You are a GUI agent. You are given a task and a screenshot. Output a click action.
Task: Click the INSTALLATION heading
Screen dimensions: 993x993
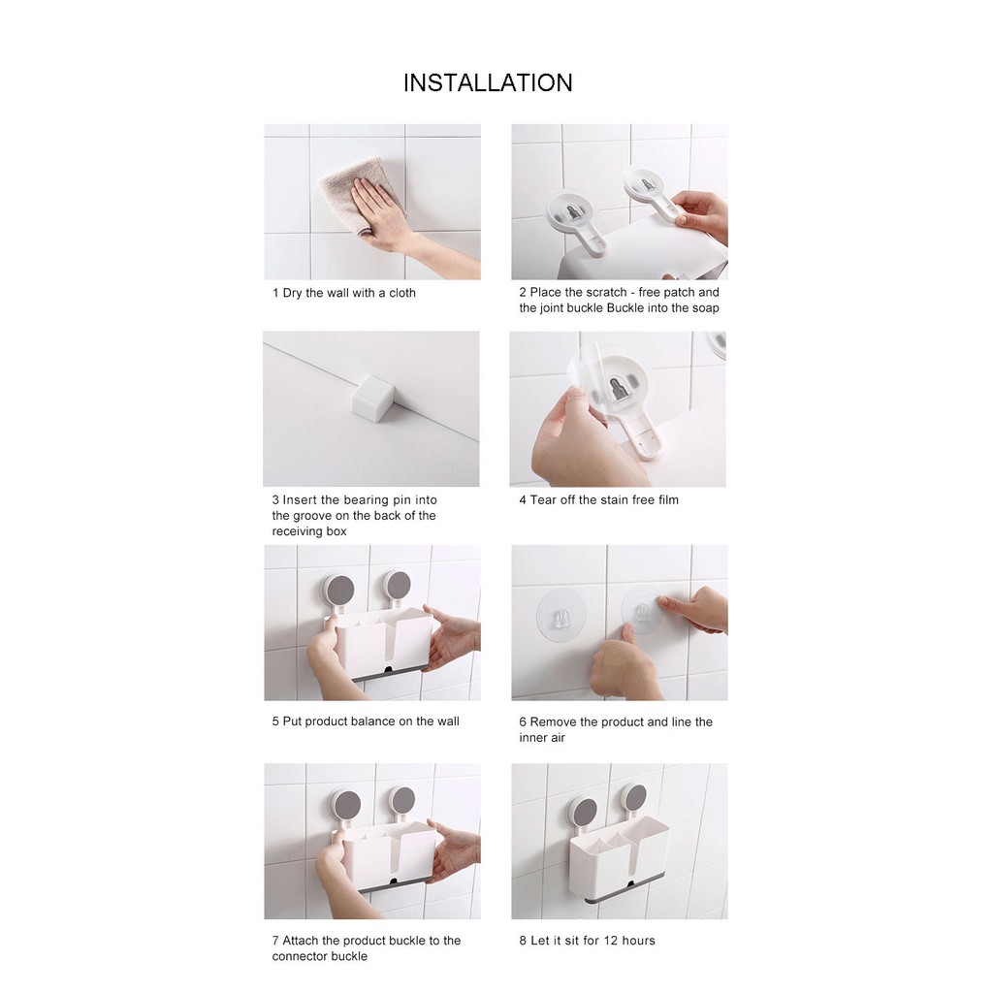click(x=488, y=83)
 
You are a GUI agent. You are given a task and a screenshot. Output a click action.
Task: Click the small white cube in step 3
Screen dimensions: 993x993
click(x=373, y=399)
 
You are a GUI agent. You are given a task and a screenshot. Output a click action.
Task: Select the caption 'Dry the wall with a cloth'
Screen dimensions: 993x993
click(x=349, y=293)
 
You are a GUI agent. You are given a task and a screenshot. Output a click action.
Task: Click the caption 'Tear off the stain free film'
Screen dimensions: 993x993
click(x=604, y=500)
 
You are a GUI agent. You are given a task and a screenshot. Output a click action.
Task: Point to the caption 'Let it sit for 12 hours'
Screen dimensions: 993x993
click(x=593, y=941)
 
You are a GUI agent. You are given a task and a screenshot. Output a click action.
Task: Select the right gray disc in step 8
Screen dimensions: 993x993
click(x=634, y=799)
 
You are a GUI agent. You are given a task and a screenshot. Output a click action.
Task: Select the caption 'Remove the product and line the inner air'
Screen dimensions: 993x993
click(x=616, y=729)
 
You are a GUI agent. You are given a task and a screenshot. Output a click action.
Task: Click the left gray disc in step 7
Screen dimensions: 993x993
click(x=346, y=805)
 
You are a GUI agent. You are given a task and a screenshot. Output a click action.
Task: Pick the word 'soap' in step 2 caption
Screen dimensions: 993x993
click(x=706, y=308)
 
